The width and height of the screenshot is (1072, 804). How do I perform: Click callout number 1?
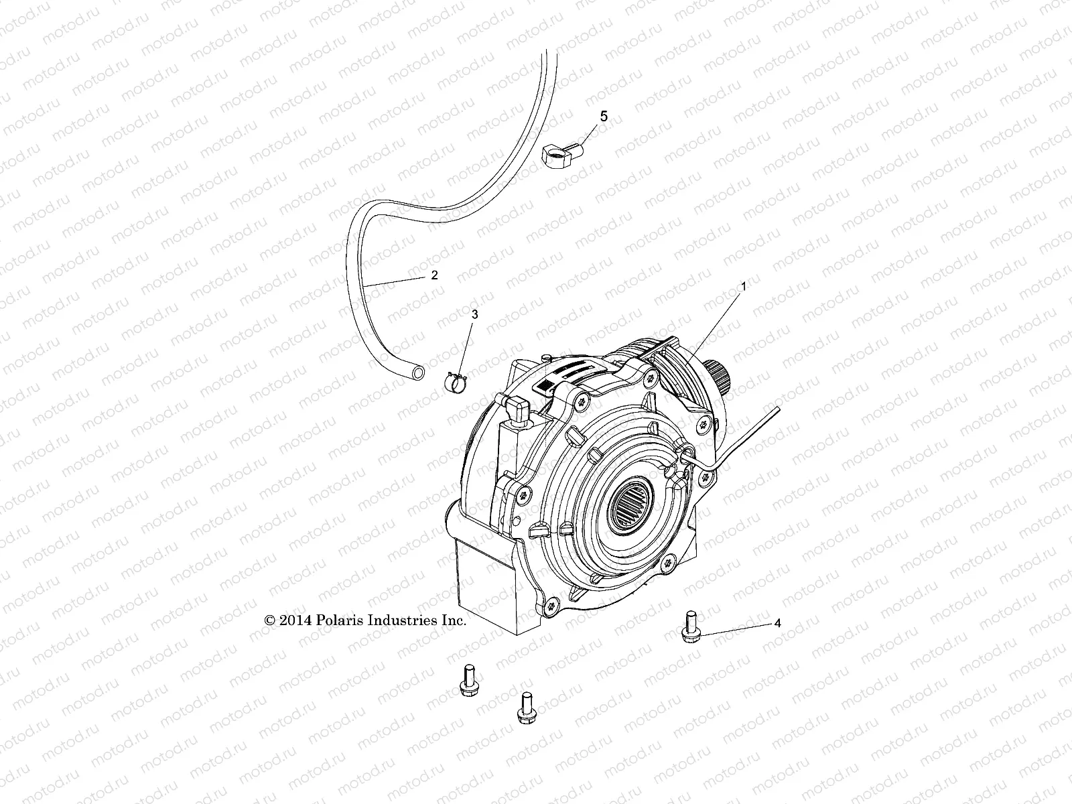pyautogui.click(x=743, y=286)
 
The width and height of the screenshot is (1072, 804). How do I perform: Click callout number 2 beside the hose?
pyautogui.click(x=434, y=275)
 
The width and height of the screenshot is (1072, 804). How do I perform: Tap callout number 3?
pyautogui.click(x=475, y=314)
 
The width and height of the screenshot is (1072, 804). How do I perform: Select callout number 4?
pyautogui.click(x=777, y=623)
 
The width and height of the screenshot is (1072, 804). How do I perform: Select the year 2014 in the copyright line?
pyautogui.click(x=293, y=621)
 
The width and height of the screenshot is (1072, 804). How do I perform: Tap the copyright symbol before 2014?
pyautogui.click(x=270, y=621)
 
